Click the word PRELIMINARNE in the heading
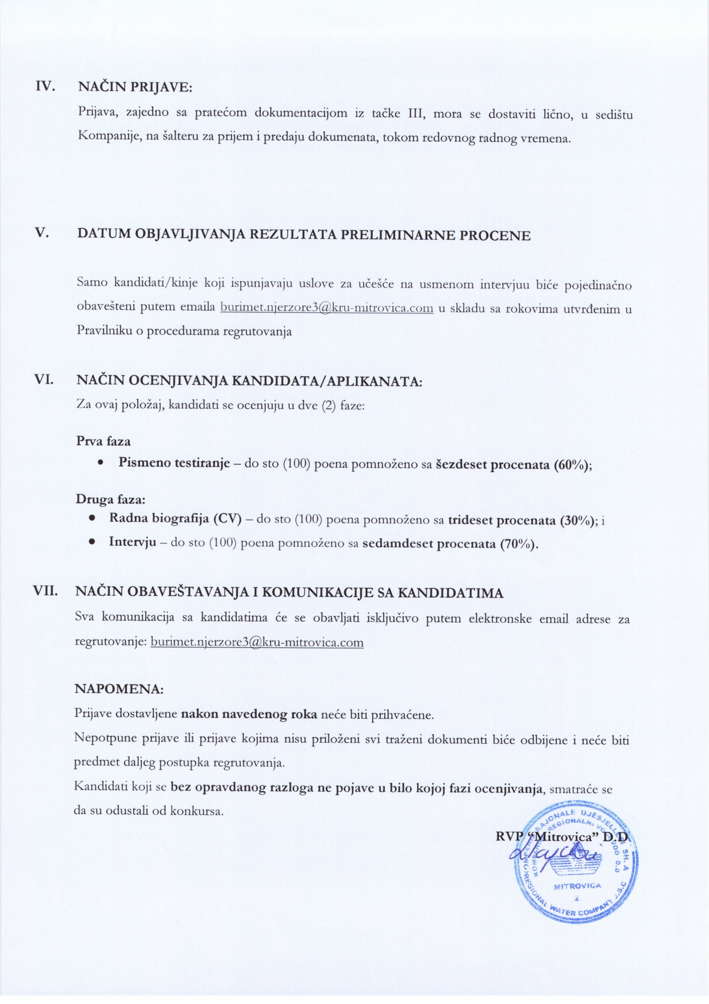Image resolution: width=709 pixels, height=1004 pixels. click(399, 235)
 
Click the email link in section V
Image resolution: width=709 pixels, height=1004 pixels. click(326, 308)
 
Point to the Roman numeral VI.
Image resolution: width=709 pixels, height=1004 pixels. click(44, 379)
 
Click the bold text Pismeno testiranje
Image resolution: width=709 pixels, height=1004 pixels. click(174, 463)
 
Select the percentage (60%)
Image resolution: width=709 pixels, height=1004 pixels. click(571, 464)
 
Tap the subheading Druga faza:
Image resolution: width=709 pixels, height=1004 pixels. click(110, 499)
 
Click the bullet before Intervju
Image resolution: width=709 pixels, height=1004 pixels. click(91, 541)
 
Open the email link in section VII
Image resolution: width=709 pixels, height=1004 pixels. click(257, 642)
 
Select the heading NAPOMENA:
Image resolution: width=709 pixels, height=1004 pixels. click(119, 689)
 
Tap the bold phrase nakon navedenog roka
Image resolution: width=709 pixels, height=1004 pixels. click(249, 714)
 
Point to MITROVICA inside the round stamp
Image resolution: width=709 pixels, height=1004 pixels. click(577, 886)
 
